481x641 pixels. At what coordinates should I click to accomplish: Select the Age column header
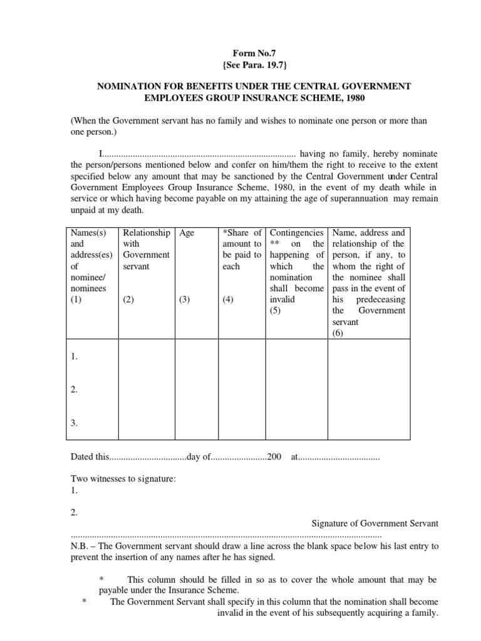pos(187,233)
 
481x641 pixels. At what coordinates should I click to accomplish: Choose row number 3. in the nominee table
pos(75,423)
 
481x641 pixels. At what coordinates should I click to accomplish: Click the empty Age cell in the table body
pos(196,389)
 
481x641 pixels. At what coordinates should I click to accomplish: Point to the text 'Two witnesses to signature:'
pos(123,479)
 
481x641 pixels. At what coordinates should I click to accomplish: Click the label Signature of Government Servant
pos(375,523)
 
